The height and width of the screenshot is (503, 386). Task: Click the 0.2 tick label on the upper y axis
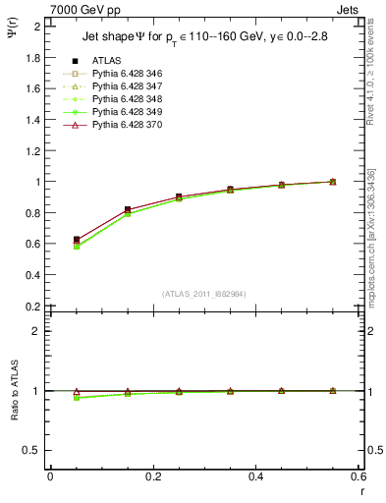coord(31,307)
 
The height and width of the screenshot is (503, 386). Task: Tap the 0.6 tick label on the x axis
coord(358,476)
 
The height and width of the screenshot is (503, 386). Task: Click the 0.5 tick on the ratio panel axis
coord(31,450)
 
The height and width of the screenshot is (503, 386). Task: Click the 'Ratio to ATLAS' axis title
coord(14,391)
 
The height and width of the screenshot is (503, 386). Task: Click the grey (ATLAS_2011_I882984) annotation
coord(203,294)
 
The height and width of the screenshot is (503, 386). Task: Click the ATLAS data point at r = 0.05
coord(77,240)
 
